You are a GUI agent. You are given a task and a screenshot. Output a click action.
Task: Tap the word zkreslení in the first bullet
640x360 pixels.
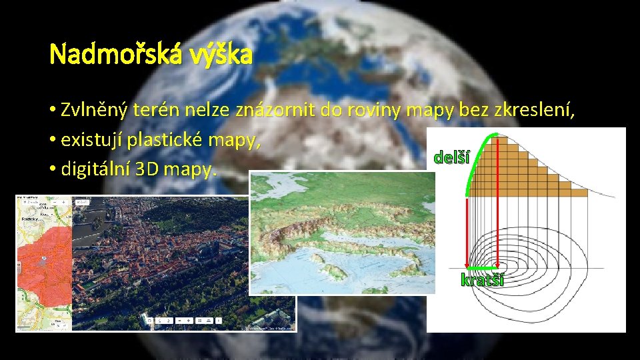(x=542, y=110)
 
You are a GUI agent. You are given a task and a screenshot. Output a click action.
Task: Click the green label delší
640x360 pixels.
(x=451, y=158)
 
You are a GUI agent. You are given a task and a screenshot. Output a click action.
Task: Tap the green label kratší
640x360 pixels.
(x=482, y=280)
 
